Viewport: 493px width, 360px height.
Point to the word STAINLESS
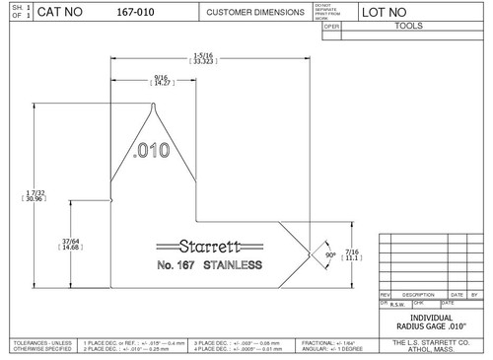point(233,266)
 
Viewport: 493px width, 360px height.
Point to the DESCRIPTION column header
point(418,294)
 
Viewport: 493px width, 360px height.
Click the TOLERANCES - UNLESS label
point(38,341)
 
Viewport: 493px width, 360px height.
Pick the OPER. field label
point(331,27)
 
